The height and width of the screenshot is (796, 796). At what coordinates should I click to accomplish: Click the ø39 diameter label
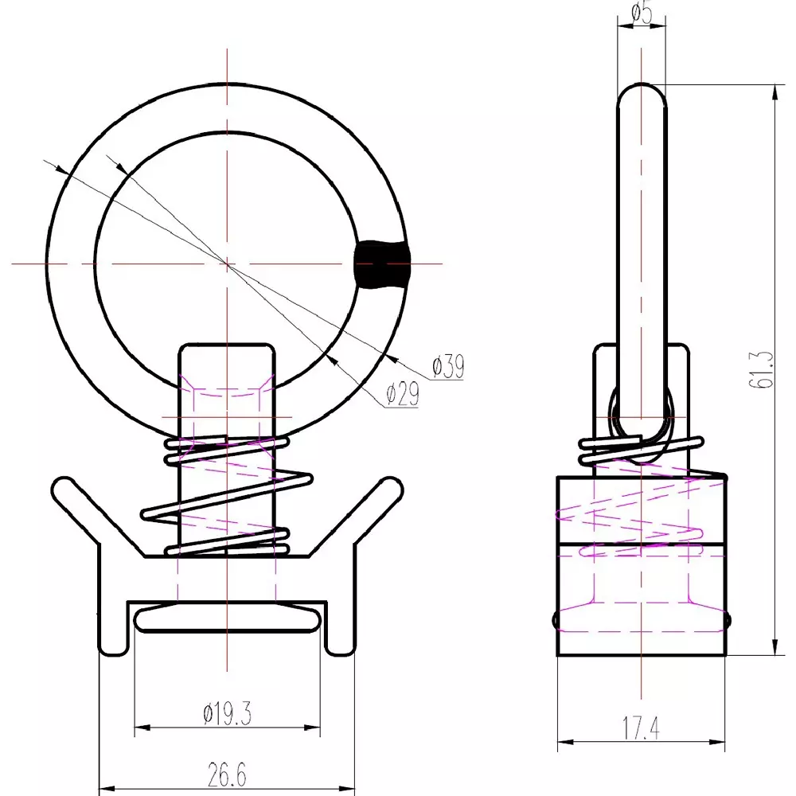(x=448, y=367)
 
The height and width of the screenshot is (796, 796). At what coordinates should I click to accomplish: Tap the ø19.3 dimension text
(x=228, y=714)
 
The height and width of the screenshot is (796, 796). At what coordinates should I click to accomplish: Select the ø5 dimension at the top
(x=641, y=14)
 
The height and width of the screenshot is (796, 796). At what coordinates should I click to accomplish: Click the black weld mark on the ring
(x=382, y=263)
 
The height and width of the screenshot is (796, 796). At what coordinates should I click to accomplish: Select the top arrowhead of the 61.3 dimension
(x=774, y=90)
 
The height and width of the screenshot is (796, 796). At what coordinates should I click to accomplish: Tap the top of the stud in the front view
(x=227, y=347)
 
